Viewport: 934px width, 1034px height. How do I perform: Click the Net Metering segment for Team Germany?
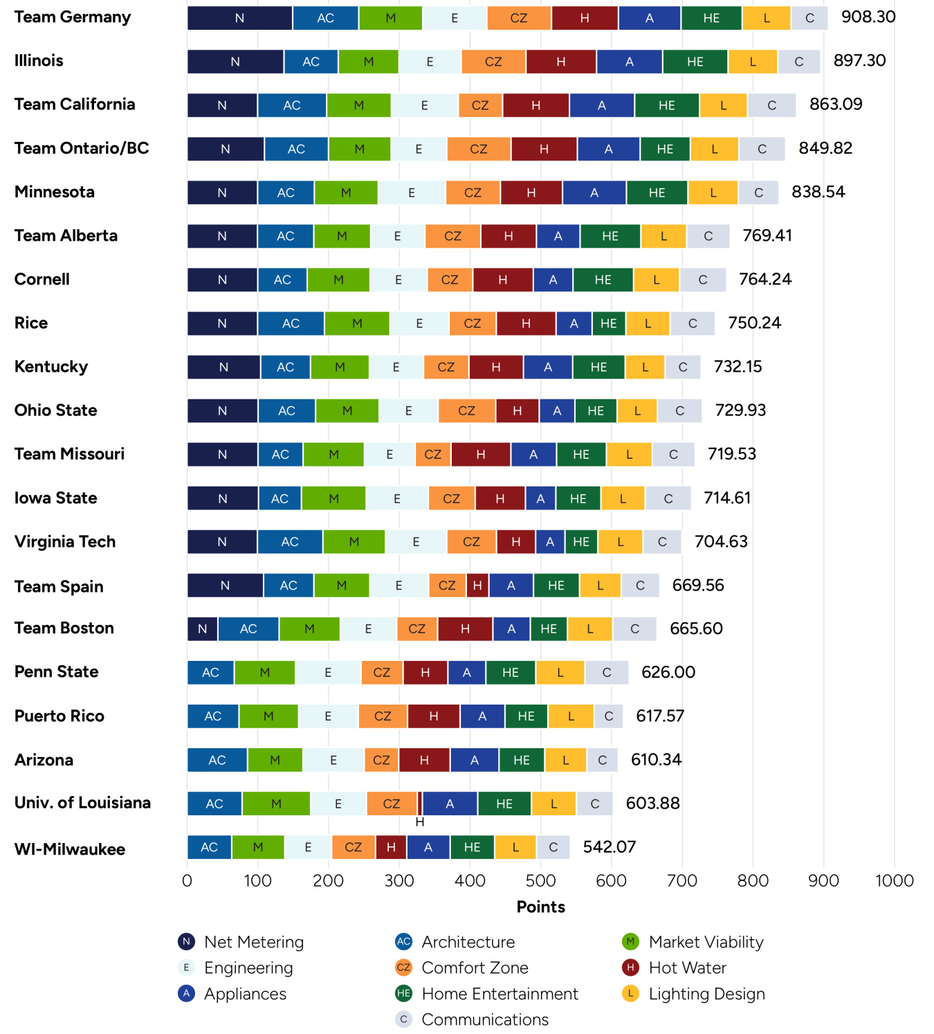coord(239,18)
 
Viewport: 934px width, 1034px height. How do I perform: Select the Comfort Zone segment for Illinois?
coord(493,62)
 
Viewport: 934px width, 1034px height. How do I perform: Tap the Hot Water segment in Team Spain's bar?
coord(477,586)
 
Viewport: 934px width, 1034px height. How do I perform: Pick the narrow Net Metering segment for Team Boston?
coord(202,629)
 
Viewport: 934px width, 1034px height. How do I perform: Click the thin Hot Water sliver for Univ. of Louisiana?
coord(420,804)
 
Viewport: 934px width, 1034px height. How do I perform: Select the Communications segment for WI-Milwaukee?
coord(553,847)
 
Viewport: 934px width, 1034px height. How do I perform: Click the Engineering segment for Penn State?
coord(328,673)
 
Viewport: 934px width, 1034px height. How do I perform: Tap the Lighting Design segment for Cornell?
coord(656,280)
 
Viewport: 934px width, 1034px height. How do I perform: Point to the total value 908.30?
coord(868,17)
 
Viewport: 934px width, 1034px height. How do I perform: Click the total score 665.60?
coord(696,628)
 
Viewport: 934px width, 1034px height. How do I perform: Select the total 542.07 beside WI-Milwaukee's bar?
coord(610,847)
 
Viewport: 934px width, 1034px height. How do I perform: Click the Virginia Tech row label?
coord(65,541)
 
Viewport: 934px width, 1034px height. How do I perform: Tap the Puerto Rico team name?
coord(59,716)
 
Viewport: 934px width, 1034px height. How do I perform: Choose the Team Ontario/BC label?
coord(82,148)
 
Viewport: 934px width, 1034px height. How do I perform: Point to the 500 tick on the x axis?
coord(540,880)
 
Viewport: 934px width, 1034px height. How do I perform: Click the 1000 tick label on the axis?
coord(894,880)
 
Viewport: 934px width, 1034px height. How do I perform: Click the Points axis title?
coord(540,907)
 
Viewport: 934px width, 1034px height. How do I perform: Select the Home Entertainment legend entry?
coord(500,994)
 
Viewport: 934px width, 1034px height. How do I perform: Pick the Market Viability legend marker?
coord(630,942)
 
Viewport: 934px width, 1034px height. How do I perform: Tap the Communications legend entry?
coord(484,1019)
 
